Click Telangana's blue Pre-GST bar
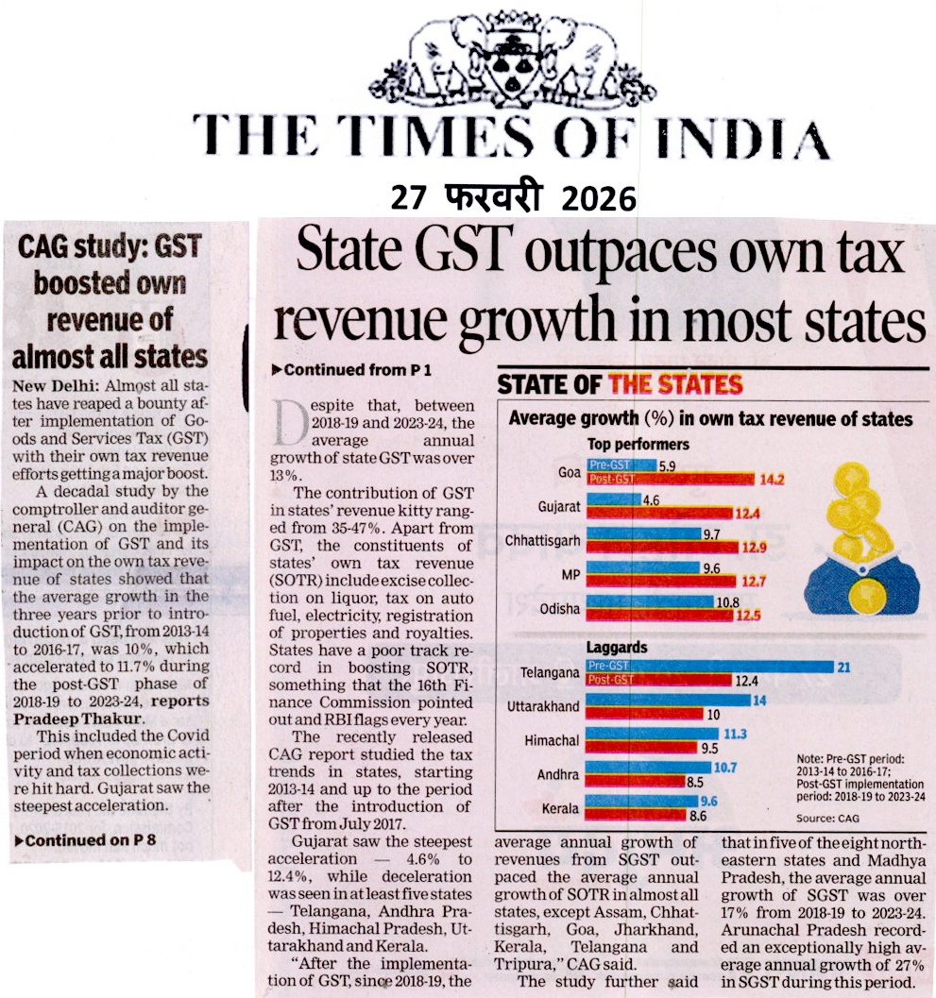[x=708, y=667]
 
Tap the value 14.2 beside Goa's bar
[x=772, y=479]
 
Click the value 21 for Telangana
[x=843, y=667]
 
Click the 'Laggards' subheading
[x=618, y=648]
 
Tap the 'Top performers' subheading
[x=638, y=444]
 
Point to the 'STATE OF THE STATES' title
[x=620, y=384]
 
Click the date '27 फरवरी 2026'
[x=514, y=198]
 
